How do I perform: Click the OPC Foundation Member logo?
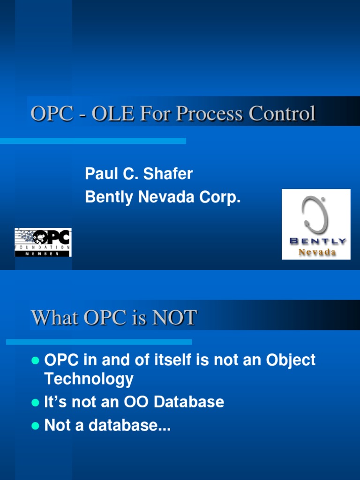(43, 242)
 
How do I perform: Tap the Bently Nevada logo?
(316, 224)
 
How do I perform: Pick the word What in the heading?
(55, 318)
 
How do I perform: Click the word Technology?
(89, 379)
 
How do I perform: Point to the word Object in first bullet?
(291, 360)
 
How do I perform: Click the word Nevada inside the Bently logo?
(317, 252)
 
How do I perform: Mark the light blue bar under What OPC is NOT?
(99, 342)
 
